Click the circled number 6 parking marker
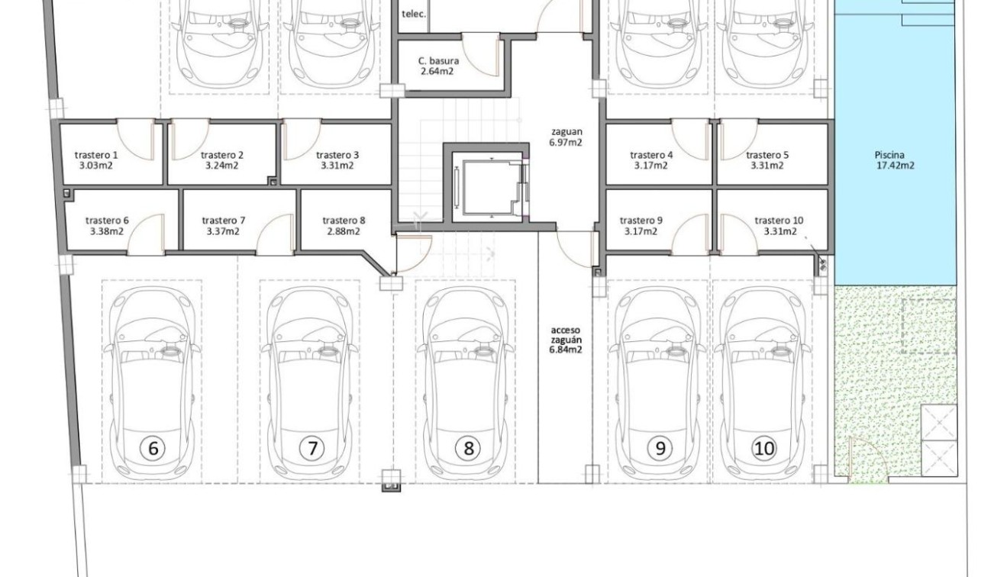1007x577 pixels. pyautogui.click(x=153, y=448)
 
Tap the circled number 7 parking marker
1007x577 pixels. pyautogui.click(x=311, y=448)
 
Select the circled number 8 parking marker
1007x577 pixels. pyautogui.click(x=468, y=448)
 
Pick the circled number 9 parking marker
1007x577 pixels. pyautogui.click(x=660, y=448)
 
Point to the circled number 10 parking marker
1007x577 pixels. pyautogui.click(x=763, y=448)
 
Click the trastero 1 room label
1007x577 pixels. pyautogui.click(x=96, y=155)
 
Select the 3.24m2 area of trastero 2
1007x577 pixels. pyautogui.click(x=221, y=165)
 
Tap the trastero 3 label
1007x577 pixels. pyautogui.click(x=337, y=155)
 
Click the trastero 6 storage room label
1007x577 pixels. pyautogui.click(x=107, y=221)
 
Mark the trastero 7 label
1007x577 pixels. pyautogui.click(x=223, y=221)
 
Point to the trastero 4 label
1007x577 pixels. pyautogui.click(x=651, y=155)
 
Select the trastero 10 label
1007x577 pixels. pyautogui.click(x=779, y=221)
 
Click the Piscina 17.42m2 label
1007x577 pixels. pyautogui.click(x=895, y=160)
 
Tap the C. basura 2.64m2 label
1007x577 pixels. pyautogui.click(x=438, y=66)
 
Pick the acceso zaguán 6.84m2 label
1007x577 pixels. pyautogui.click(x=566, y=340)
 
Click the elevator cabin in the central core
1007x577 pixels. pyautogui.click(x=487, y=186)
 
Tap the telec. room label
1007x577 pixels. pyautogui.click(x=413, y=14)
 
